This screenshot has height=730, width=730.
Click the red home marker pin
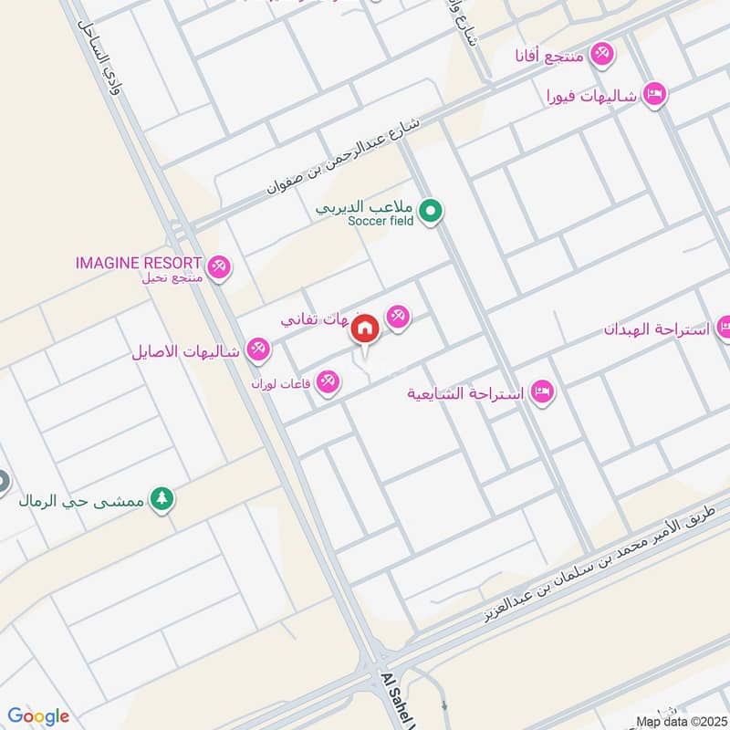tap(365, 329)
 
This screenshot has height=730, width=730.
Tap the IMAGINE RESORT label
tap(138, 263)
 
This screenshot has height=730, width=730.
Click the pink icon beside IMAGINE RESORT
tap(219, 268)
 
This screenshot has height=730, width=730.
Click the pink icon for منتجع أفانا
tap(600, 55)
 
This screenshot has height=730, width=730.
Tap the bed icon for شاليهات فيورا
tap(653, 95)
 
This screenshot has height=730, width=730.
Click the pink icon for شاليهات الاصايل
tap(259, 349)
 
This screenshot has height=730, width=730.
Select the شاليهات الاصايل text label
tap(186, 350)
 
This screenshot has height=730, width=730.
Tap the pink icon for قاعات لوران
tap(328, 382)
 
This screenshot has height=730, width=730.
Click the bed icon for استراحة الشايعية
tap(541, 393)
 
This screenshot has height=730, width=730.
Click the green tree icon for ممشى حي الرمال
tap(162, 499)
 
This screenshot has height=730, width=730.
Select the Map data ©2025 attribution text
tap(681, 721)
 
